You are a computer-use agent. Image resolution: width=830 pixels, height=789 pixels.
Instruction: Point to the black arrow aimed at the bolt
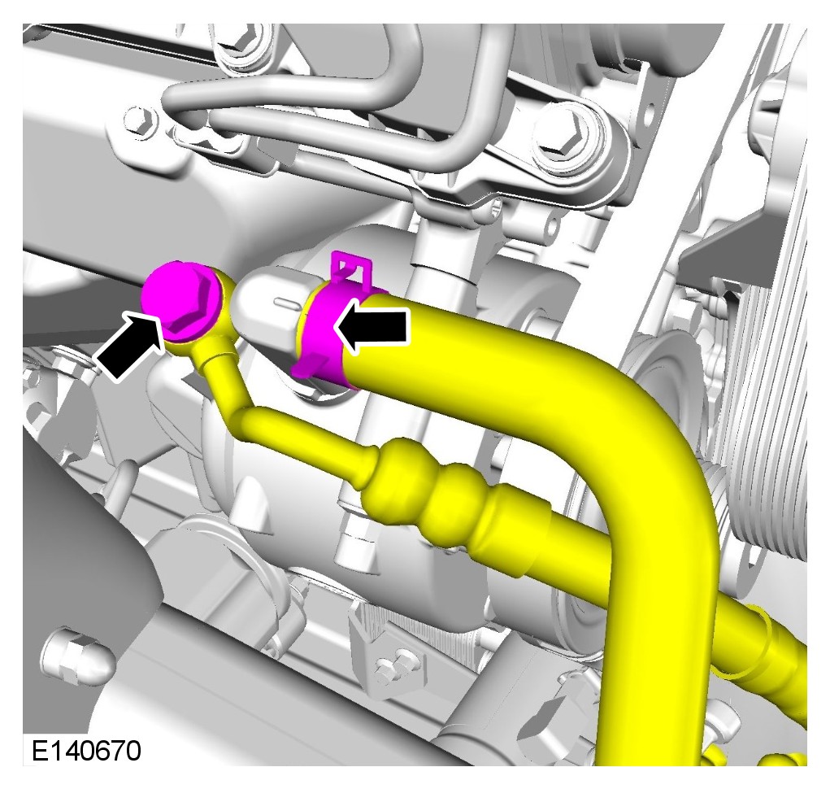pos(131,345)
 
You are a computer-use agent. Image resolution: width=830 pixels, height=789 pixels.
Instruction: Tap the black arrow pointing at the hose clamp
pos(373,329)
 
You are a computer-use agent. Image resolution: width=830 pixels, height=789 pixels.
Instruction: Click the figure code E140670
pos(87,751)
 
